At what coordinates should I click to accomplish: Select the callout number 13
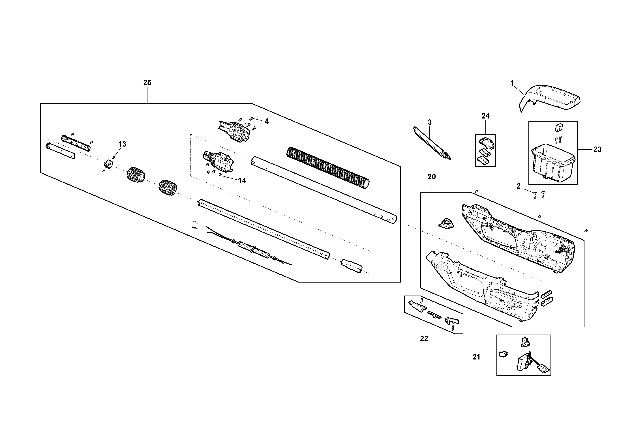click(x=122, y=144)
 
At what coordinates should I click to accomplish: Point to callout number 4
click(x=266, y=121)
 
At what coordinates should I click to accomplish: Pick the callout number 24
click(x=485, y=116)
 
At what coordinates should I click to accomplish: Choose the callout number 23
click(x=597, y=149)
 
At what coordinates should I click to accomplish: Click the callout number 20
click(x=432, y=177)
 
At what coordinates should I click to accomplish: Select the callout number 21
click(x=476, y=357)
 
